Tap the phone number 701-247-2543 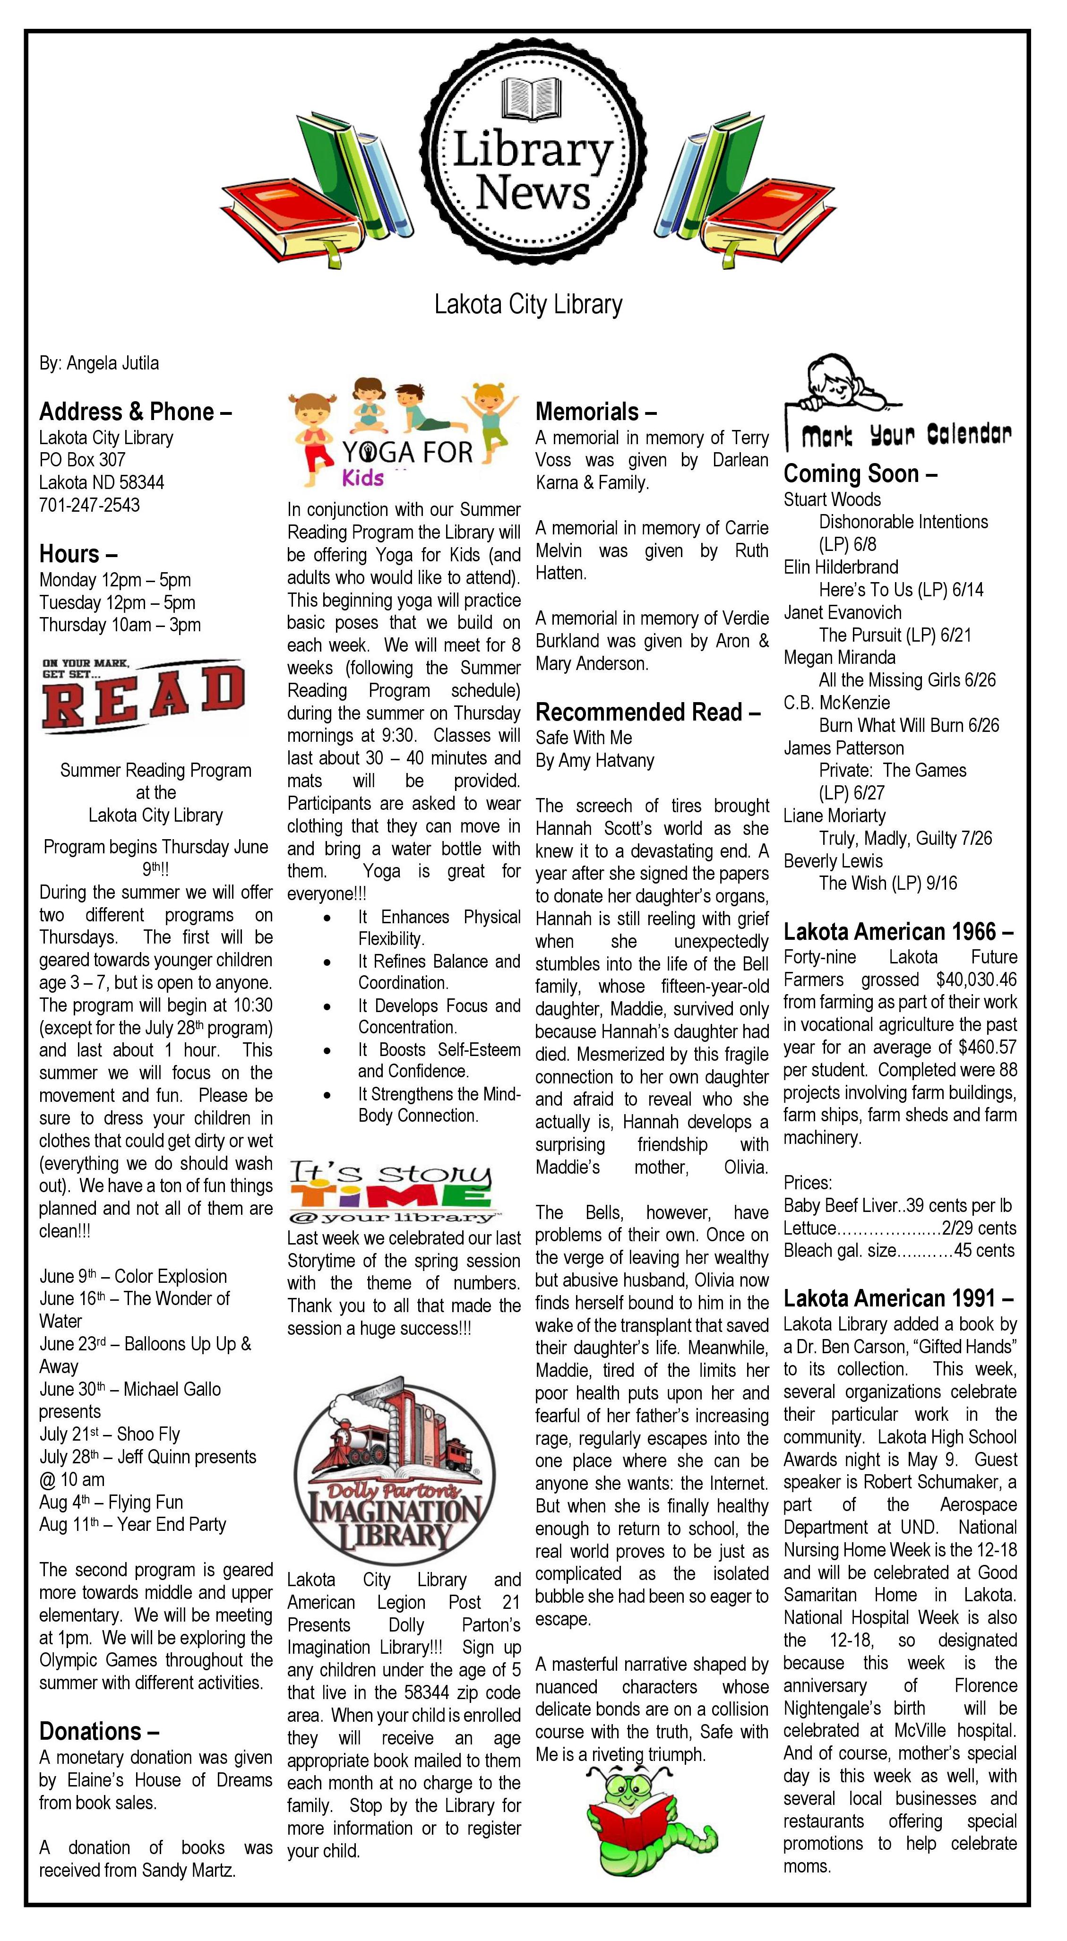[x=90, y=505]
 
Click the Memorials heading [x=595, y=412]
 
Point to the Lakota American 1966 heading [x=897, y=932]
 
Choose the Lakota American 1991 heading [x=897, y=1298]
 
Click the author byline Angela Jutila [x=99, y=363]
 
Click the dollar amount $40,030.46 [x=976, y=979]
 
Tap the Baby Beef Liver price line [x=897, y=1206]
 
